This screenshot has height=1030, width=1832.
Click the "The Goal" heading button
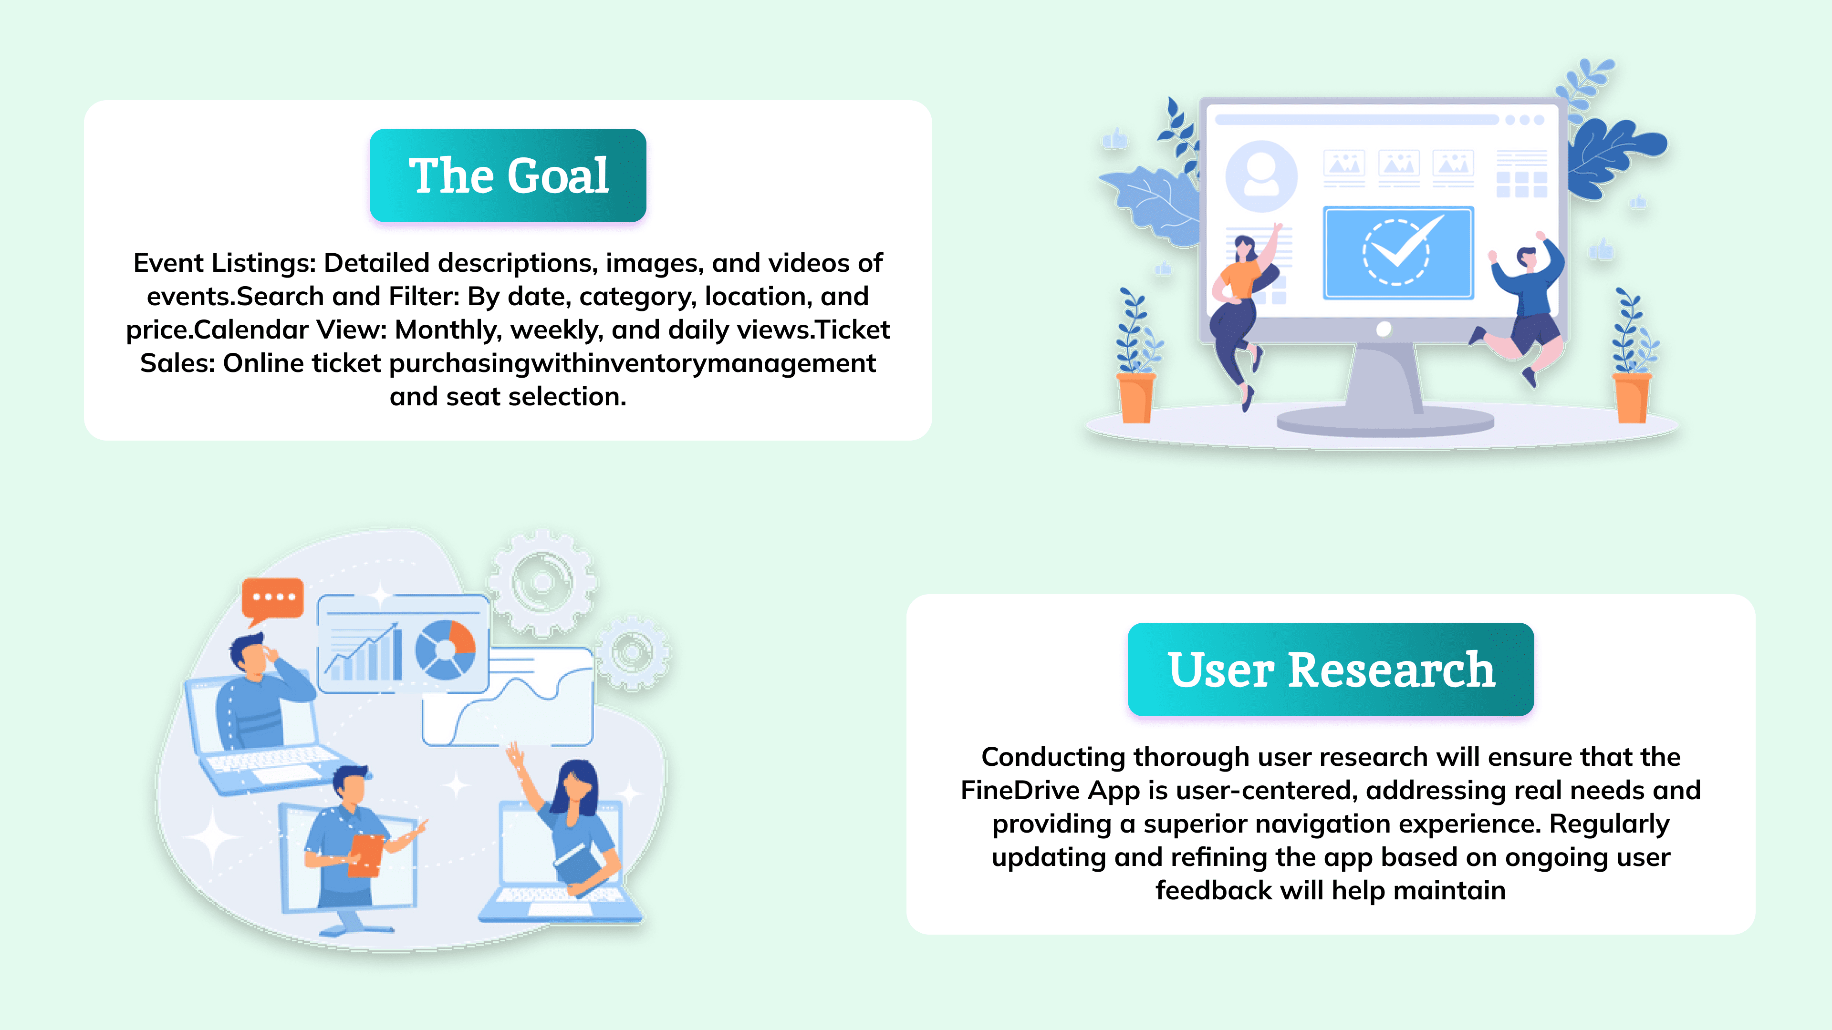(x=508, y=175)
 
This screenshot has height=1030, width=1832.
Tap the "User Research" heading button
(x=1331, y=669)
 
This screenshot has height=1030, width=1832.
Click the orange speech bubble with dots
(x=272, y=599)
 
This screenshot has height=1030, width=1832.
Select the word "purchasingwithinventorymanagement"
(x=632, y=363)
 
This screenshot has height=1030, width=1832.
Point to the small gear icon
(x=632, y=652)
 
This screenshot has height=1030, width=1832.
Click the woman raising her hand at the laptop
(x=565, y=828)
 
